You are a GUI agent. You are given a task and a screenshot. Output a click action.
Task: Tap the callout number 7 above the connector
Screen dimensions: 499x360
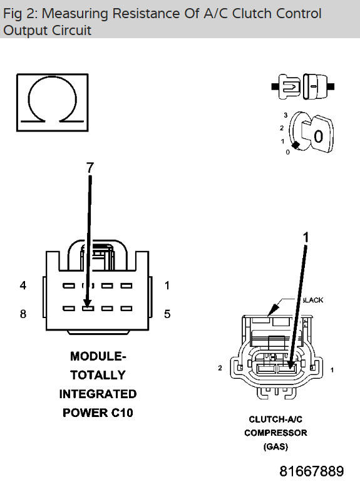point(90,167)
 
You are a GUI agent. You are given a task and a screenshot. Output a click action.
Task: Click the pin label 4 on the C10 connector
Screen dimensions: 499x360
point(23,286)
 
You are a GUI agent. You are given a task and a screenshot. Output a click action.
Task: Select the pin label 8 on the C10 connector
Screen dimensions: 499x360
point(23,314)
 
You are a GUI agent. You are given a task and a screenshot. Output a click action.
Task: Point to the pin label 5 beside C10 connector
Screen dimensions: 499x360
point(167,314)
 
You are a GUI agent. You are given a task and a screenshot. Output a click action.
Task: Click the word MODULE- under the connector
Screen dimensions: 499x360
point(98,356)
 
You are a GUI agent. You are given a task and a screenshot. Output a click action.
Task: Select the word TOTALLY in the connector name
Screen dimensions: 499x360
point(98,375)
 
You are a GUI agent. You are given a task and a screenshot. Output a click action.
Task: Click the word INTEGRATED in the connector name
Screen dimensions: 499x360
point(98,394)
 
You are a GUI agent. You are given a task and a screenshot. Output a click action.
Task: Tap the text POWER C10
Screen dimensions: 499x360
point(98,413)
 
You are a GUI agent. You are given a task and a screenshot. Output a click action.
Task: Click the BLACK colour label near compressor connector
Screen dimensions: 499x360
point(312,300)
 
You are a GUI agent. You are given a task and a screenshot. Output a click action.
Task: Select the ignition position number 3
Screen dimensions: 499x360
point(285,116)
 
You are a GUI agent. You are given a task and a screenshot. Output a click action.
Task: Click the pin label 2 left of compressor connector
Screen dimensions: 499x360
point(220,368)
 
